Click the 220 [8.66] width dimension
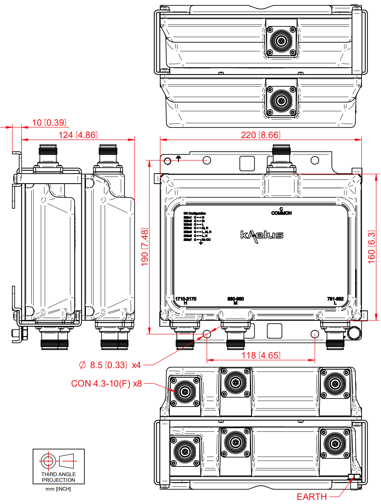(260, 135)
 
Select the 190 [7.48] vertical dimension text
(145, 247)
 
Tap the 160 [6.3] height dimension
(372, 247)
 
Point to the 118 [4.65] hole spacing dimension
(261, 355)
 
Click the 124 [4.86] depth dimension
(78, 135)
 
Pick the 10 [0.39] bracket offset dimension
(49, 123)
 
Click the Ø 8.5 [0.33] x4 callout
(110, 365)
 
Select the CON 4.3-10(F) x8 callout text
(106, 384)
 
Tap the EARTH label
(312, 497)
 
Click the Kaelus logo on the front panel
(262, 235)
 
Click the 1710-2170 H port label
(185, 301)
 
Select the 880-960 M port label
(236, 301)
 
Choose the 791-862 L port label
(335, 301)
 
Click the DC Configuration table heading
(195, 213)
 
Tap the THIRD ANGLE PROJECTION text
(58, 477)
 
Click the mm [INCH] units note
(58, 489)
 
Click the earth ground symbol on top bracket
(178, 159)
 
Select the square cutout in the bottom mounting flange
(274, 331)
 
